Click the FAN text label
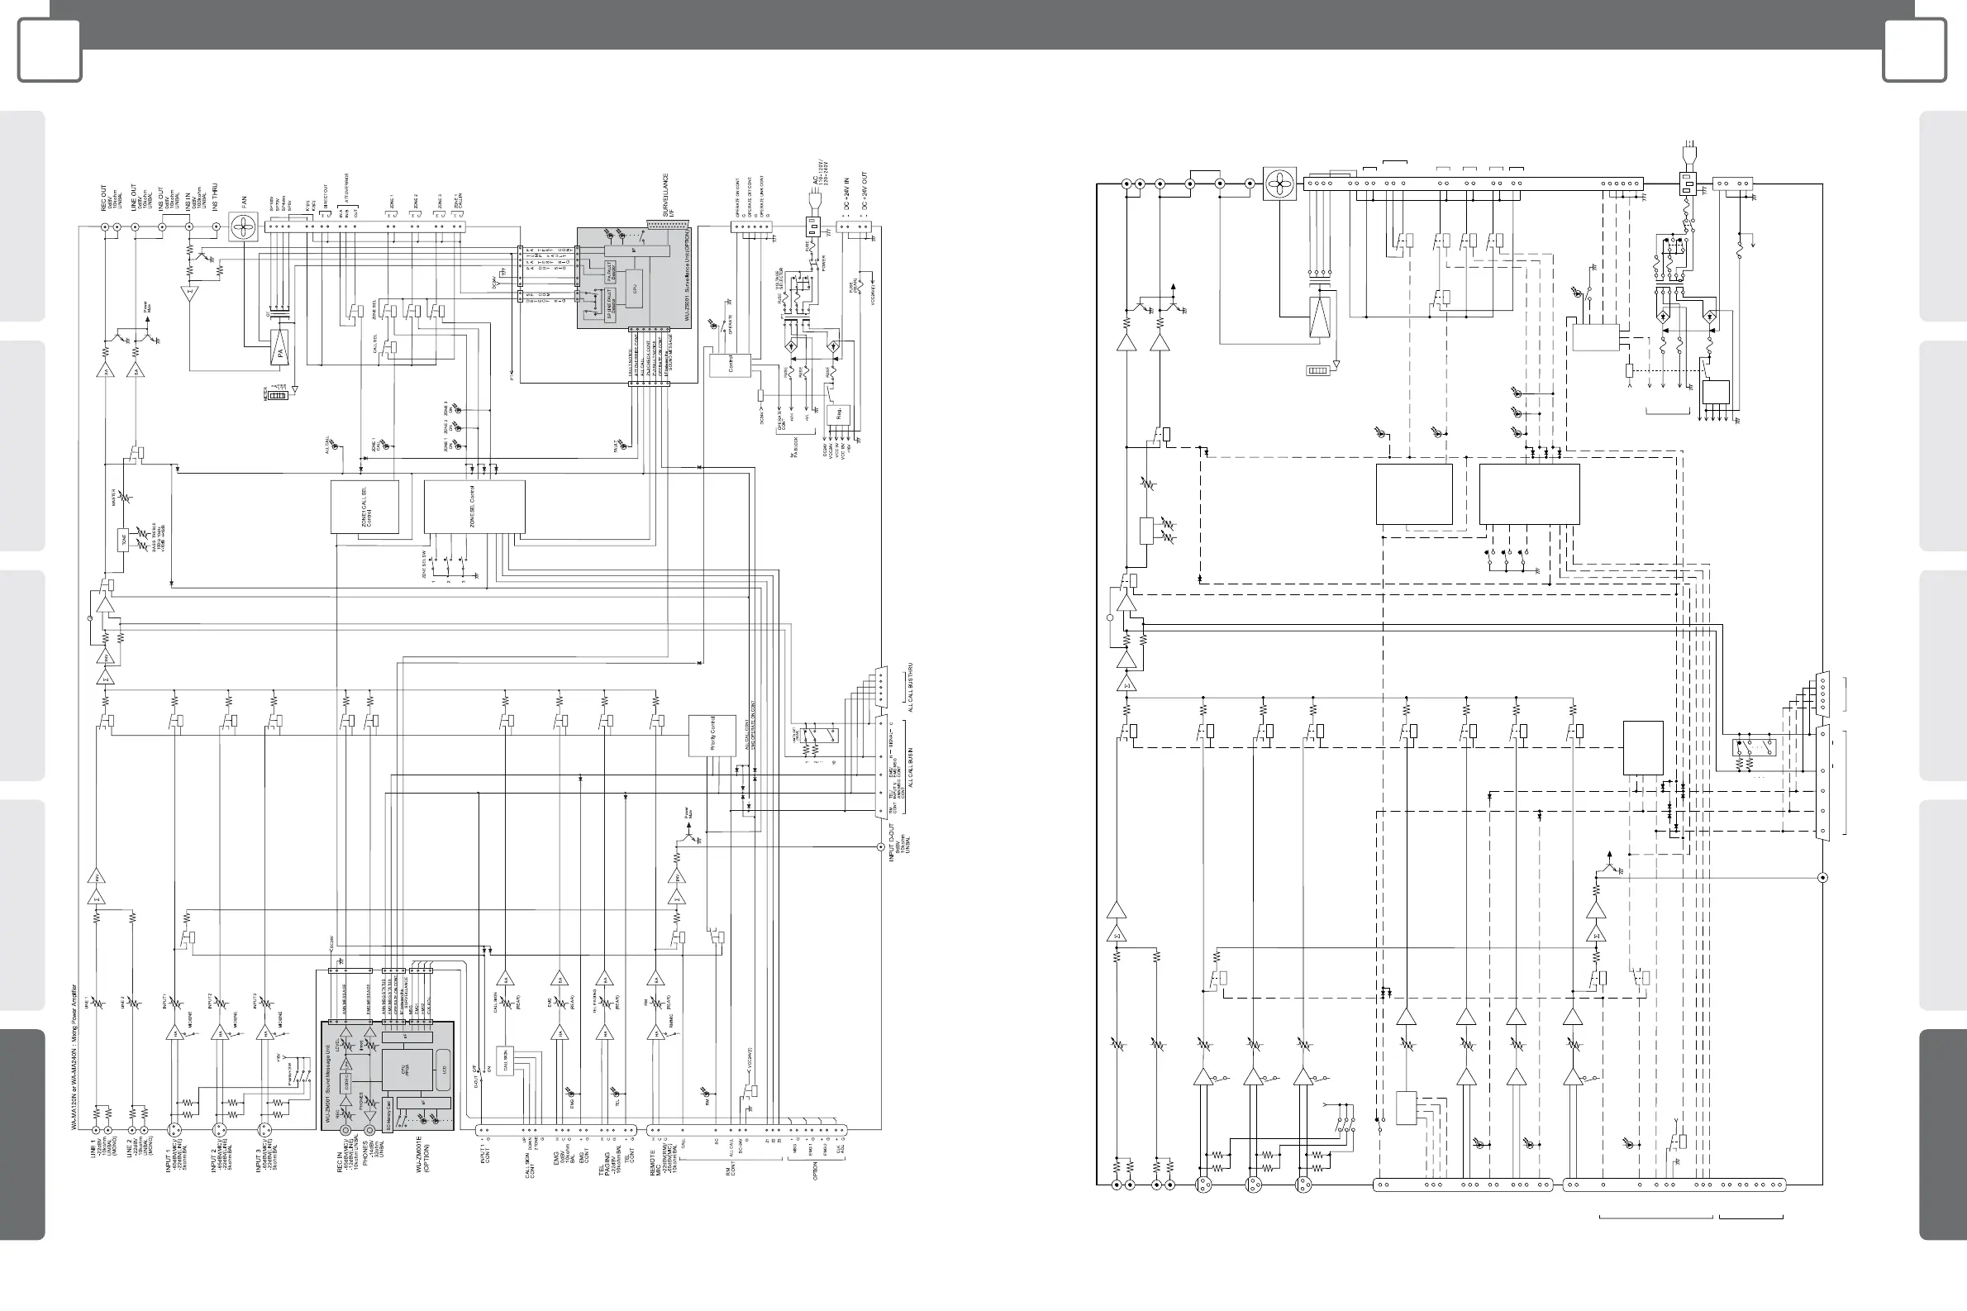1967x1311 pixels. (244, 202)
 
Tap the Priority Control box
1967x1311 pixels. (712, 736)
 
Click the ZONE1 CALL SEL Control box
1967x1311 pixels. (364, 507)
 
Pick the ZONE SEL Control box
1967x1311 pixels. (474, 507)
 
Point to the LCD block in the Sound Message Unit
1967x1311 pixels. (445, 1070)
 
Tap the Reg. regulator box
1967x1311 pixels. (839, 415)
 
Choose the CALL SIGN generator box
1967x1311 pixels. (505, 1061)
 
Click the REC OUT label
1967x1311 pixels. (104, 198)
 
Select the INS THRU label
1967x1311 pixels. (215, 198)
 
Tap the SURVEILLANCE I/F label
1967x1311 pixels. (668, 196)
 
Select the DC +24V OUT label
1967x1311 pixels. (864, 191)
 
